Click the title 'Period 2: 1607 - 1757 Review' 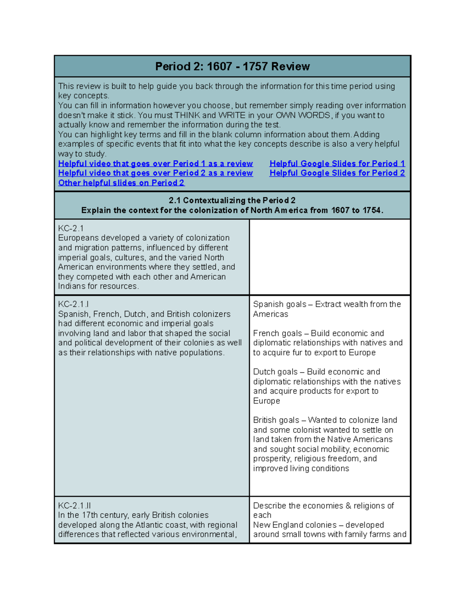(232, 67)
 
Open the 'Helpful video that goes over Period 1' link (155, 163)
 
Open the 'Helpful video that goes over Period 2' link (155, 173)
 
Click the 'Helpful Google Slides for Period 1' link (337, 163)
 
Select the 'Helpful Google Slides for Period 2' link (337, 173)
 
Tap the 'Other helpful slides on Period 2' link (121, 183)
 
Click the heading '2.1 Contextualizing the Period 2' (232, 200)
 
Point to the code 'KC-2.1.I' (74, 304)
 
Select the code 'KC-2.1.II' (74, 506)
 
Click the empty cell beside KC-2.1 (330, 257)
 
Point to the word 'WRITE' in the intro (232, 115)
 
